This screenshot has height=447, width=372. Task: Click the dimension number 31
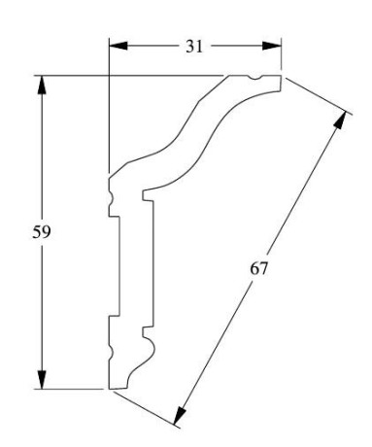pyautogui.click(x=194, y=47)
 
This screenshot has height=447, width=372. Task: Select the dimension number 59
pyautogui.click(x=42, y=232)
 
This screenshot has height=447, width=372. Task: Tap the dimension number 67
pyautogui.click(x=258, y=268)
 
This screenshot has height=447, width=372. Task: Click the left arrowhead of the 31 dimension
pyautogui.click(x=118, y=46)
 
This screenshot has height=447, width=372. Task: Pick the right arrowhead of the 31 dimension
pyautogui.click(x=271, y=46)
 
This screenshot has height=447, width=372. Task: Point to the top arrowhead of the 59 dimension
pyautogui.click(x=42, y=85)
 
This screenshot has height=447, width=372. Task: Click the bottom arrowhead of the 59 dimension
pyautogui.click(x=42, y=379)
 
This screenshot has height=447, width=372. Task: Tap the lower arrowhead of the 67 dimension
pyautogui.click(x=180, y=416)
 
